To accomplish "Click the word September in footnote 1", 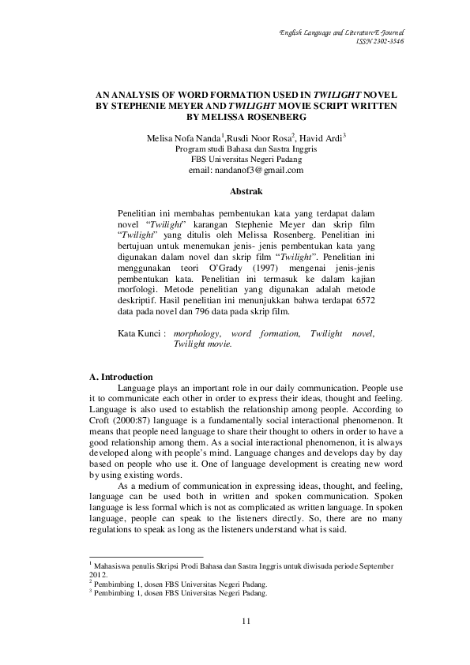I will click(x=383, y=565).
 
